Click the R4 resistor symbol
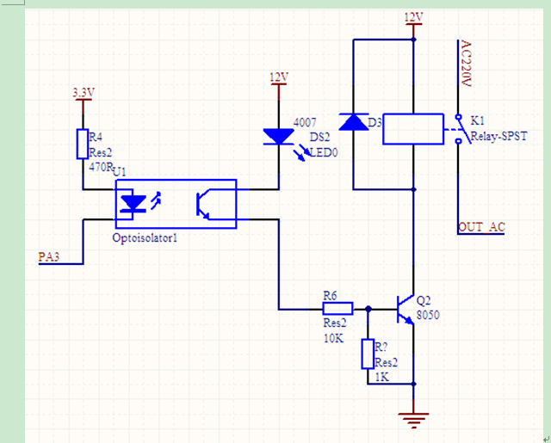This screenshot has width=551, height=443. pos(83,144)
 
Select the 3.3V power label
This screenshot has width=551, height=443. pos(84,93)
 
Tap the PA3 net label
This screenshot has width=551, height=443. pos(49,257)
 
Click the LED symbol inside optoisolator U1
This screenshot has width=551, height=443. pos(133,205)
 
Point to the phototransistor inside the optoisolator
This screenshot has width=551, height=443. pos(203,205)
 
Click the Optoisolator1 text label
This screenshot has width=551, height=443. pos(145,238)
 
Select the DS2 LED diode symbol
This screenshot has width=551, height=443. pos(279,137)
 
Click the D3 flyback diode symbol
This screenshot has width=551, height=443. pos(354,122)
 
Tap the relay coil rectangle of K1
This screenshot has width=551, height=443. pos(413,129)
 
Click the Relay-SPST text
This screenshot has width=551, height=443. pos(499,136)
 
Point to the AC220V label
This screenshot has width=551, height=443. pos(465,64)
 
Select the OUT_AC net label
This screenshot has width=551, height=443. pos(482,227)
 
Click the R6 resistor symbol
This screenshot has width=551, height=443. pos(337,309)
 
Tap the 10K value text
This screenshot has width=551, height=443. pos(333,338)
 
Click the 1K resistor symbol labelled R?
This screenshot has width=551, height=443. pos(368,354)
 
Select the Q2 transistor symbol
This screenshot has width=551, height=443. pos(405,309)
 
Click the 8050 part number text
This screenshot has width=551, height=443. pos(428,315)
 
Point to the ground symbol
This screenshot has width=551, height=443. pos(413,420)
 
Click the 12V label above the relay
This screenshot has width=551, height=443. pos(413,17)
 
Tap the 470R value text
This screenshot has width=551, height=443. pos(101,167)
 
